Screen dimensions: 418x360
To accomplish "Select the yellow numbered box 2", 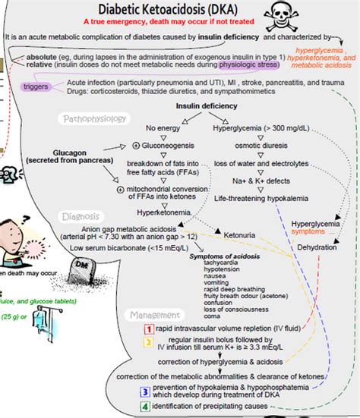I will [150, 342].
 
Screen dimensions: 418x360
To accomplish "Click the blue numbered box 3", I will [144, 391].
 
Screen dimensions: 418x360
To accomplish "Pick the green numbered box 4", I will [144, 407].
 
